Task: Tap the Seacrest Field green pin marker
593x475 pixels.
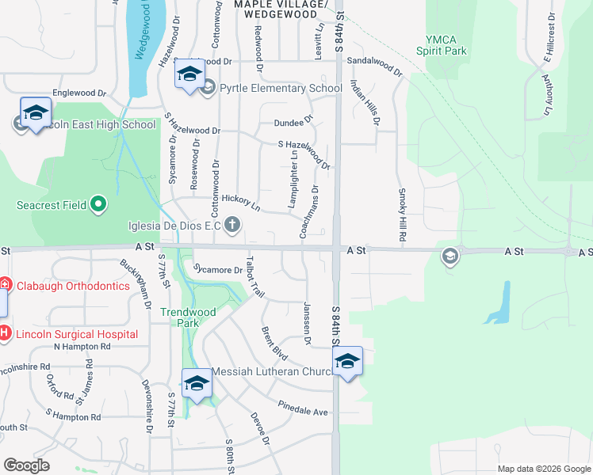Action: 98,205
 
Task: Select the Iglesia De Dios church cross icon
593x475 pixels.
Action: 232,226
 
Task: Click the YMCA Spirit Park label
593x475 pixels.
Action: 442,45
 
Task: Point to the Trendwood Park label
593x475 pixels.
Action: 188,317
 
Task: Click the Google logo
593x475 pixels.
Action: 27,465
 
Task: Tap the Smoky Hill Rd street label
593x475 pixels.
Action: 402,215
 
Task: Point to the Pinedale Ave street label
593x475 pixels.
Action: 302,412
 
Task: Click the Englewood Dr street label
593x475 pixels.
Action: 78,93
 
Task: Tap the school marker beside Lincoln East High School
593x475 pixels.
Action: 36,113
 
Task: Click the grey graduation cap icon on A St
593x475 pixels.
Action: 450,255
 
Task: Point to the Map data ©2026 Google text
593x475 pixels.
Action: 543,469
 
